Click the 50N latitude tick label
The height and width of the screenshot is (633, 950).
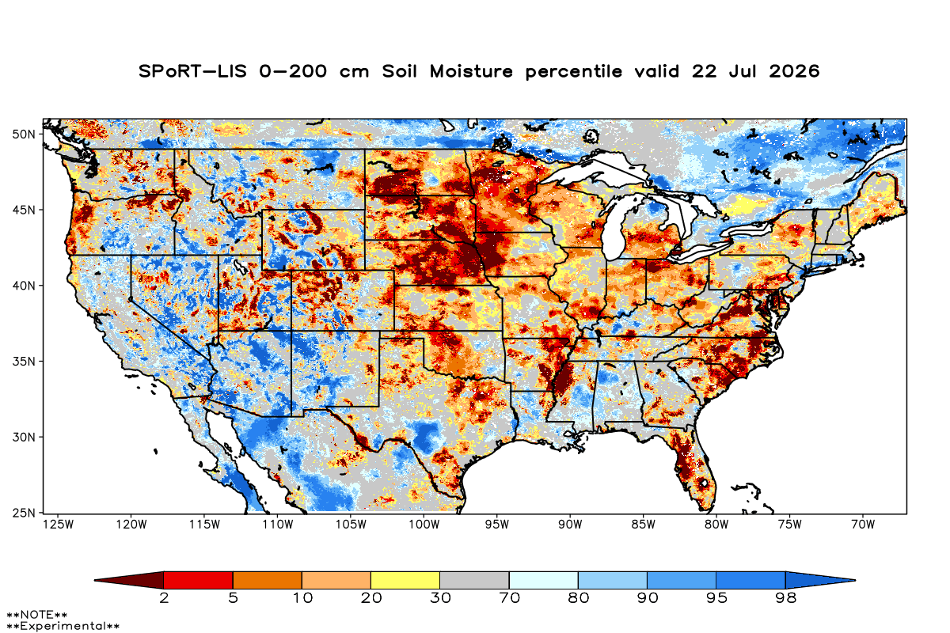(24, 135)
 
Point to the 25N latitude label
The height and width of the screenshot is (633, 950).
(24, 514)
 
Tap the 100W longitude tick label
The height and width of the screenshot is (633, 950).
(424, 525)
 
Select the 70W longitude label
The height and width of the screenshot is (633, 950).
(863, 525)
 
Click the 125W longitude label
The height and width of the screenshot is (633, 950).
(59, 525)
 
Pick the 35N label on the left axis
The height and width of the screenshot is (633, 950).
(24, 362)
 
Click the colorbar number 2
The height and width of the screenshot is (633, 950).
(164, 598)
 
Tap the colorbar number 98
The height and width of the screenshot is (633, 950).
(785, 598)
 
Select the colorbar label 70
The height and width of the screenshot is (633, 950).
(509, 598)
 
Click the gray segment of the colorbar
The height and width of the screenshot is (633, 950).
(474, 580)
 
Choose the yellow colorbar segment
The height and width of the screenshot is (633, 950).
(405, 580)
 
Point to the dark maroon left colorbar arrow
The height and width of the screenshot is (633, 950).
(129, 580)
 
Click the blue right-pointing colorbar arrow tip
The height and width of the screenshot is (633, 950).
(856, 580)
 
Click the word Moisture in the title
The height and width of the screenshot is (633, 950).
(471, 71)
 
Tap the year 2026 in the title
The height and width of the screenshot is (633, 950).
(794, 71)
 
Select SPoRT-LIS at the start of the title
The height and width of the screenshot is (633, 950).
(192, 71)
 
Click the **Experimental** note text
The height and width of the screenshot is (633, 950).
(63, 626)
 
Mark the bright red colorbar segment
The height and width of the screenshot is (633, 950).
(199, 580)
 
